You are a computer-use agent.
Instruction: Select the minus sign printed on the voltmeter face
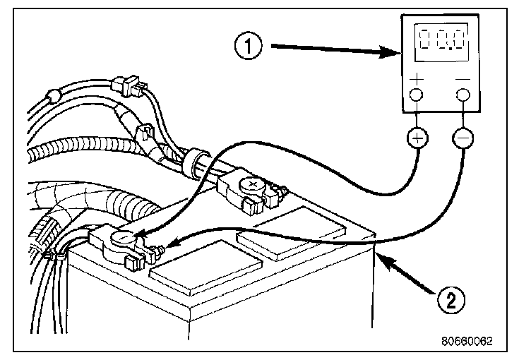pos(463,79)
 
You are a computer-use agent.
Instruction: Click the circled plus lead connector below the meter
pos(417,137)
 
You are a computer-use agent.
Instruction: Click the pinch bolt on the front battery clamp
pos(159,248)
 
